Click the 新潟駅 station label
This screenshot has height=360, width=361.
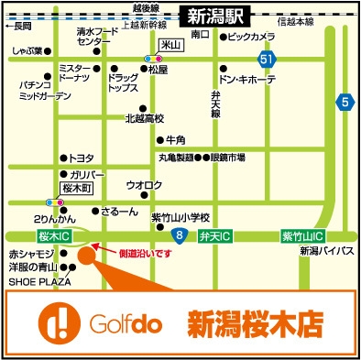(213, 16)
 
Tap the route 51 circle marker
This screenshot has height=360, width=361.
(266, 60)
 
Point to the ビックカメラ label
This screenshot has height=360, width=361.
(250, 37)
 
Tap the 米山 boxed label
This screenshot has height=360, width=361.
(167, 43)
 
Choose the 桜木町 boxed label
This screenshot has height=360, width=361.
(78, 188)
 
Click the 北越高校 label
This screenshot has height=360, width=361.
(144, 118)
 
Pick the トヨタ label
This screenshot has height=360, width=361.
(82, 158)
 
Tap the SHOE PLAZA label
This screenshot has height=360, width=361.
(33, 282)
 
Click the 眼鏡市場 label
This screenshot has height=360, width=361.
(228, 158)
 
